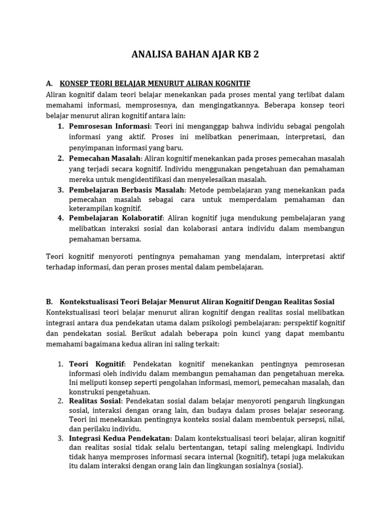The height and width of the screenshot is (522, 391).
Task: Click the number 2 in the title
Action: pyautogui.click(x=256, y=55)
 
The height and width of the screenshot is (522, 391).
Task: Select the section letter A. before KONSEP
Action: pyautogui.click(x=49, y=83)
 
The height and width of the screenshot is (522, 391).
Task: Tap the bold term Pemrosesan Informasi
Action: pyautogui.click(x=109, y=126)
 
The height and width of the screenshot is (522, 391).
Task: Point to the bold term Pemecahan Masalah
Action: pyautogui.click(x=105, y=158)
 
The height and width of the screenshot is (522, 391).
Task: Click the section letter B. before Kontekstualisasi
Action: pyautogui.click(x=49, y=302)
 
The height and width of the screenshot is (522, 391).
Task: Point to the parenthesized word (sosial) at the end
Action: pyautogui.click(x=289, y=465)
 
